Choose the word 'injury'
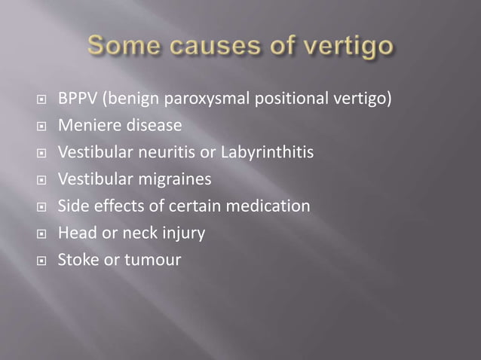tap(183, 233)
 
